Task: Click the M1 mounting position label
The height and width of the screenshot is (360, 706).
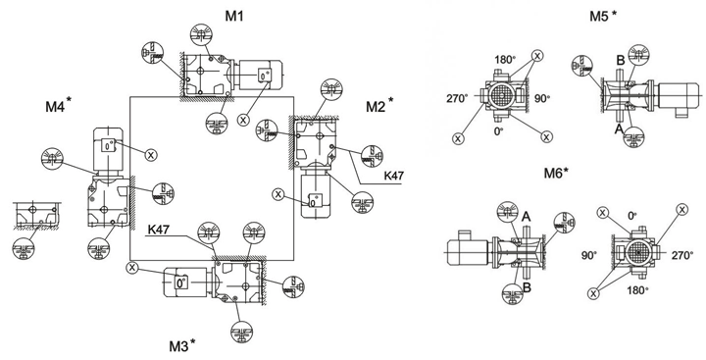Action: pyautogui.click(x=234, y=17)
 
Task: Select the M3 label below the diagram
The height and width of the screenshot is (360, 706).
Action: pyautogui.click(x=182, y=345)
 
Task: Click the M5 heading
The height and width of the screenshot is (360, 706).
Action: pyautogui.click(x=603, y=17)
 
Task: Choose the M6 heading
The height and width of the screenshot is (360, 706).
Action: pyautogui.click(x=556, y=172)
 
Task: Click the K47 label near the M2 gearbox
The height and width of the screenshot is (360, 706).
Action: pyautogui.click(x=393, y=176)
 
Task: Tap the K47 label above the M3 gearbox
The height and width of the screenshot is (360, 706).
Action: pyautogui.click(x=158, y=230)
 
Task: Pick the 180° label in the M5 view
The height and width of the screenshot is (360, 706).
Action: pyautogui.click(x=504, y=59)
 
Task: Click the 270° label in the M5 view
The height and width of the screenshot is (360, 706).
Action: pyautogui.click(x=457, y=98)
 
